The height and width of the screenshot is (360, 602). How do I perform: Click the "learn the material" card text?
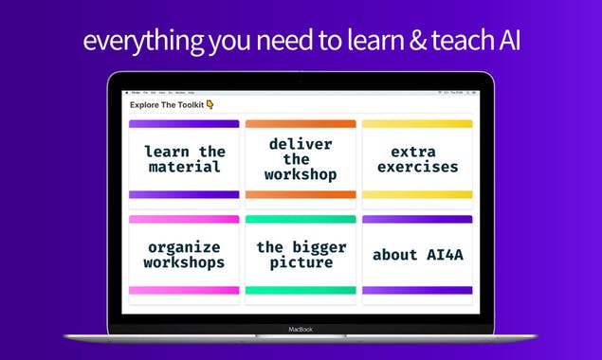coord(184,159)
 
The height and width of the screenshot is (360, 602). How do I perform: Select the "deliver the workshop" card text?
coord(301,159)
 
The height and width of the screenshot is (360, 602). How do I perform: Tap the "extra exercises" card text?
coord(417,159)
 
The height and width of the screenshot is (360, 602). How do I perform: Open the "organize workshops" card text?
coord(184,255)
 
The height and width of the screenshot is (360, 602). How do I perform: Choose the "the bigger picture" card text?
coord(301,255)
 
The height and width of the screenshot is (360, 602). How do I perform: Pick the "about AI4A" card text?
coord(417,255)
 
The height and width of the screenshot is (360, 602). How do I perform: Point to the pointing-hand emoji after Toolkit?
coord(210,105)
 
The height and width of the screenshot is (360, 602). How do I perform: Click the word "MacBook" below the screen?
coord(301,330)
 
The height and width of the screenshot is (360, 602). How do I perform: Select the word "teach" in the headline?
coord(448,41)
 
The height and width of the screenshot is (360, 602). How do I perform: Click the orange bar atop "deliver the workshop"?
coord(301,124)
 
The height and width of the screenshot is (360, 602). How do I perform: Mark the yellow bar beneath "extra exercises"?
coord(417,194)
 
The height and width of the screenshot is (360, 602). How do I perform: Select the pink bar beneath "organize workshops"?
coord(184,290)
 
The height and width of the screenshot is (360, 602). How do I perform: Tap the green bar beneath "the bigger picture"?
coord(301,290)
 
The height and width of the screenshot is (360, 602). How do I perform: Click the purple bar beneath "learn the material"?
coord(184,194)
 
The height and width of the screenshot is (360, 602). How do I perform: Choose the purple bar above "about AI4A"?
coord(417,220)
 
